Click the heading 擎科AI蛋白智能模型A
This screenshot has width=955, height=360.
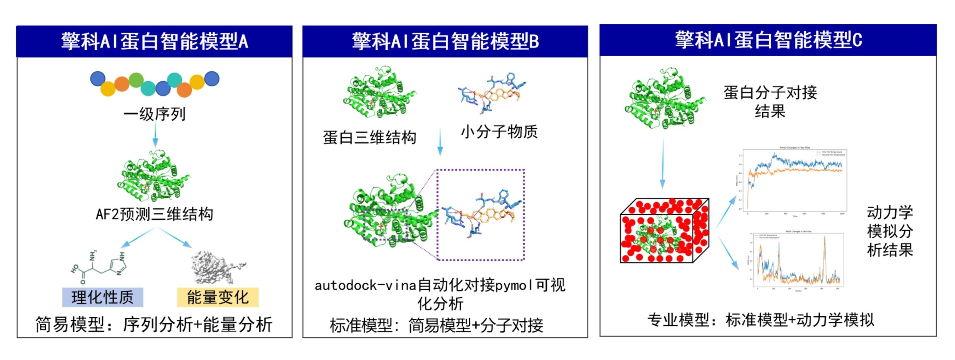tap(154, 41)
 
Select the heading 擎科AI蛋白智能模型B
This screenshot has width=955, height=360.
tap(445, 41)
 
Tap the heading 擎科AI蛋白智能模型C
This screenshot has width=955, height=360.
tap(768, 40)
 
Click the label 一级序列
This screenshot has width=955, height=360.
tap(154, 114)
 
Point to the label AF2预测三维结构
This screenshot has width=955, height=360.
tap(154, 214)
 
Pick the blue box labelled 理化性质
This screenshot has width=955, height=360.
tap(103, 297)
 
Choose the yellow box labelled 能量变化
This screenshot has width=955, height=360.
tap(218, 297)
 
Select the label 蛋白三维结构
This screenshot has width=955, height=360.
tap(369, 138)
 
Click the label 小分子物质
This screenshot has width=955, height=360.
tap(499, 132)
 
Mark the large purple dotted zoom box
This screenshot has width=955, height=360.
tap(481, 215)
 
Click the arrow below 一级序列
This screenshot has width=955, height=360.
tap(155, 134)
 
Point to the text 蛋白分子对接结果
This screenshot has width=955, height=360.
tap(770, 101)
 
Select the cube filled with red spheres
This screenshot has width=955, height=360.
tap(664, 231)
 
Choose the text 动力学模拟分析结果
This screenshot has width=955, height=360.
tap(889, 231)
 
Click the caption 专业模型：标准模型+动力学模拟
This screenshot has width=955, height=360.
tap(760, 320)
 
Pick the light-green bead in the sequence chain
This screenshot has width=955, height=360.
tap(136, 80)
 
